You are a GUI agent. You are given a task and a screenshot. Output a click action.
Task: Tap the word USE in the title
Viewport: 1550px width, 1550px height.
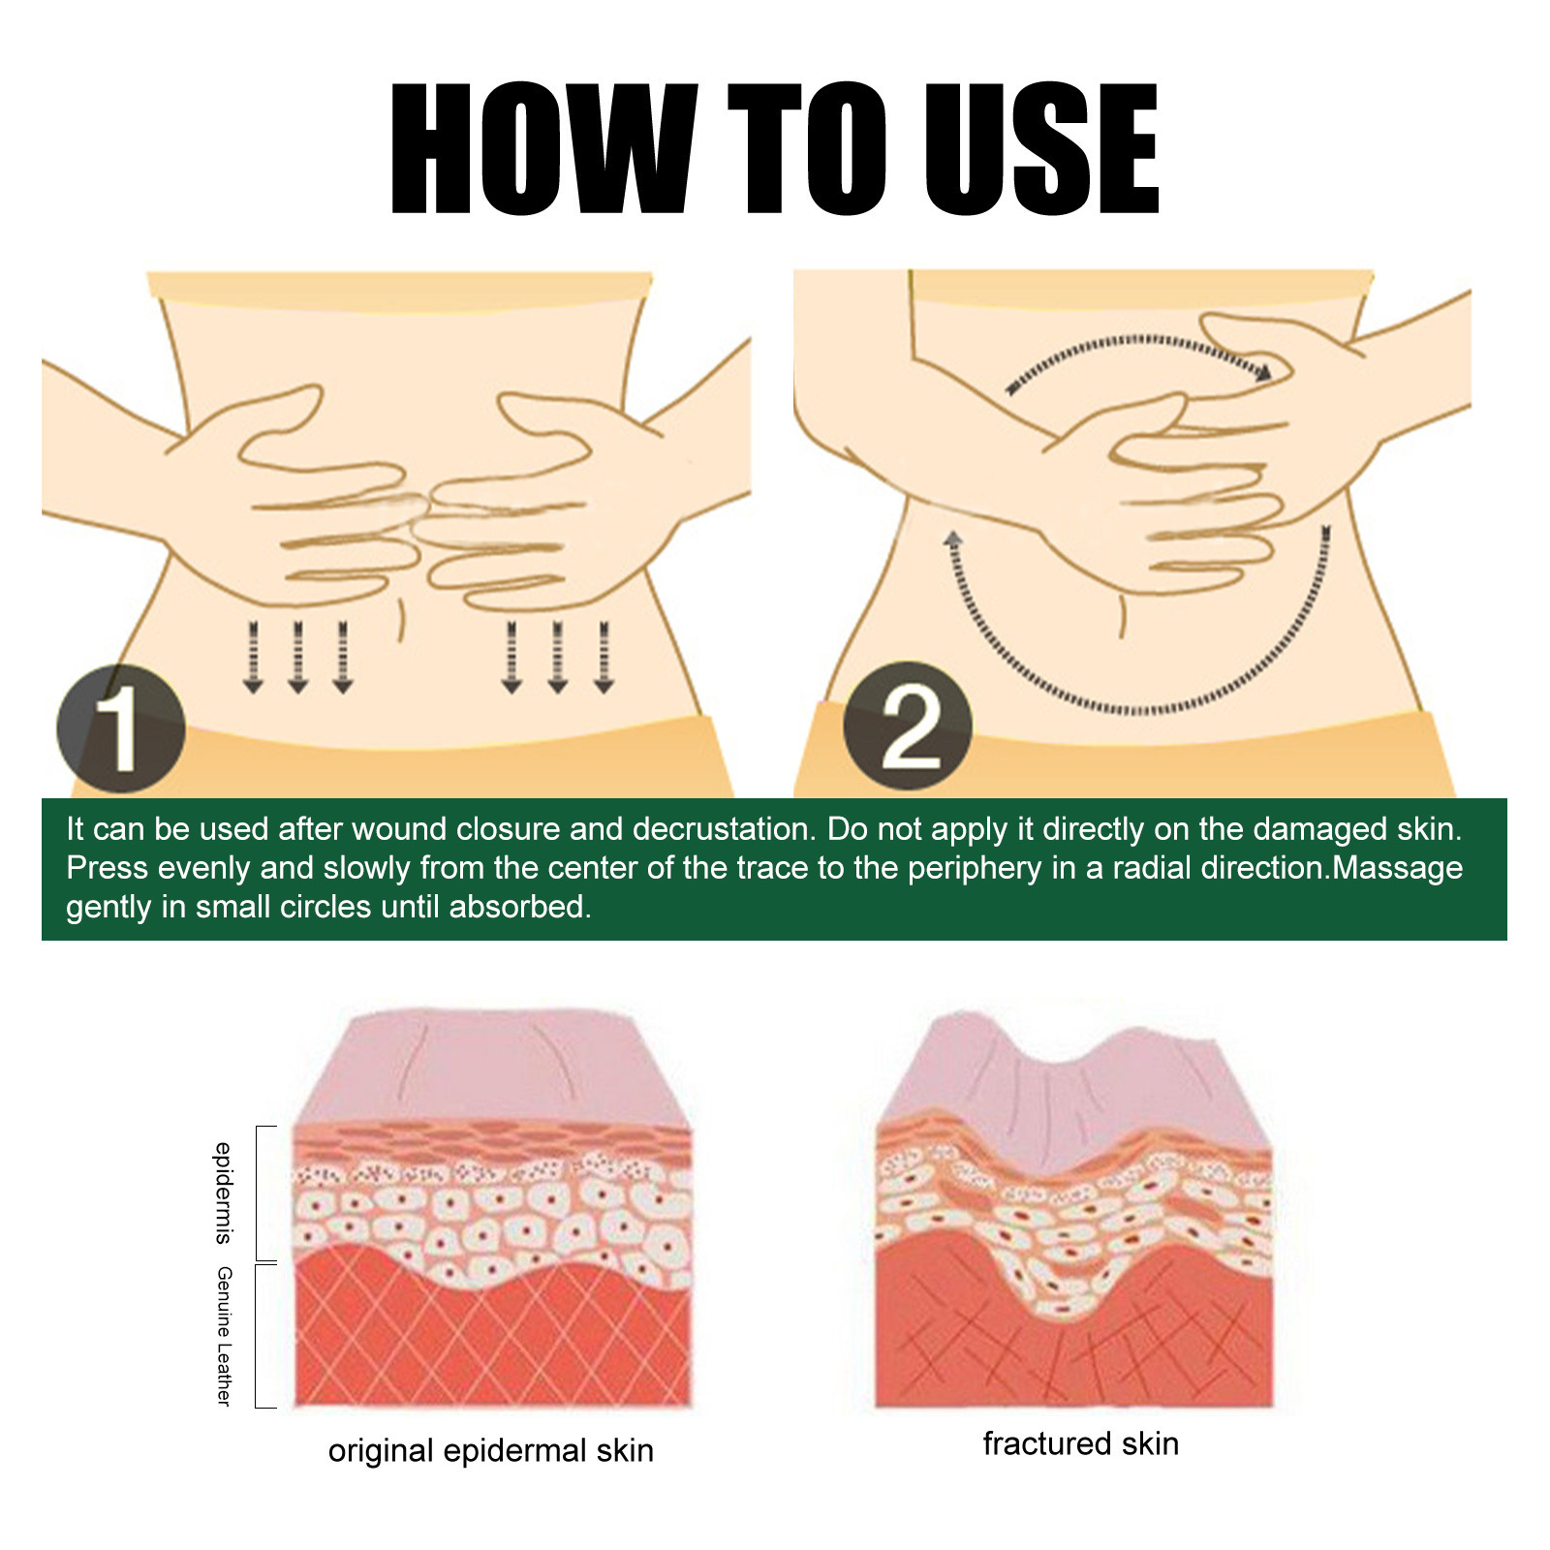pyautogui.click(x=1041, y=148)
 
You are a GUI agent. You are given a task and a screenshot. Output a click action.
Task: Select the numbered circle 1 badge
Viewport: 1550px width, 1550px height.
pyautogui.click(x=121, y=728)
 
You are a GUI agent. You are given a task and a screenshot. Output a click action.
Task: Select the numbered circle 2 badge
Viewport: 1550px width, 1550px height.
pyautogui.click(x=908, y=726)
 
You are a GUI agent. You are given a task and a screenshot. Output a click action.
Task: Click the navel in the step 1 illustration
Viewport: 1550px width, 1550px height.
pyautogui.click(x=400, y=620)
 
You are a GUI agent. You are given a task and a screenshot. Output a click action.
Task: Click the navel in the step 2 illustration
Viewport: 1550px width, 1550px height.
pyautogui.click(x=1122, y=614)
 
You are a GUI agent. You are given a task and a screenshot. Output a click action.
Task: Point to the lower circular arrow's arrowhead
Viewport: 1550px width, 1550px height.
pyautogui.click(x=953, y=541)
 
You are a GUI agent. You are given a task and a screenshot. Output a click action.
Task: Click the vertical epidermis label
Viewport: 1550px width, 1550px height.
pyautogui.click(x=224, y=1193)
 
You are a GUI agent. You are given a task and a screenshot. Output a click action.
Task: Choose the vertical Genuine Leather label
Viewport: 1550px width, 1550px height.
pyautogui.click(x=224, y=1336)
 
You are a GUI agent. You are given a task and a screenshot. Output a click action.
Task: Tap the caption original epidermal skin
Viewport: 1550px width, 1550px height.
pyautogui.click(x=491, y=1450)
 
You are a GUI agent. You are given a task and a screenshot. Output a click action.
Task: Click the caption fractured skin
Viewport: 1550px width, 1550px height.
pyautogui.click(x=1081, y=1443)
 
